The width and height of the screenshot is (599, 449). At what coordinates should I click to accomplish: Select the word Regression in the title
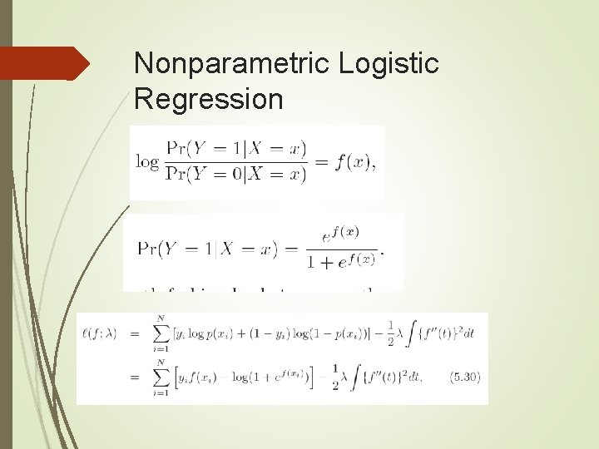coord(208,100)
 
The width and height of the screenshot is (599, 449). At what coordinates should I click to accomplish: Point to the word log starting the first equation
coord(147,161)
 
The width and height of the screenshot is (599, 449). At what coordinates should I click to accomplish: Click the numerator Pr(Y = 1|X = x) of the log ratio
coord(236,150)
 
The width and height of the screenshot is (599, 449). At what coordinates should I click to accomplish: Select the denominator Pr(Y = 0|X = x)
coord(236,174)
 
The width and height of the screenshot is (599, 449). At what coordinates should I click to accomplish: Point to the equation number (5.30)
coord(464,377)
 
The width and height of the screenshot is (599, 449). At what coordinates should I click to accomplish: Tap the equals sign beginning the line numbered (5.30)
coord(134,377)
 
